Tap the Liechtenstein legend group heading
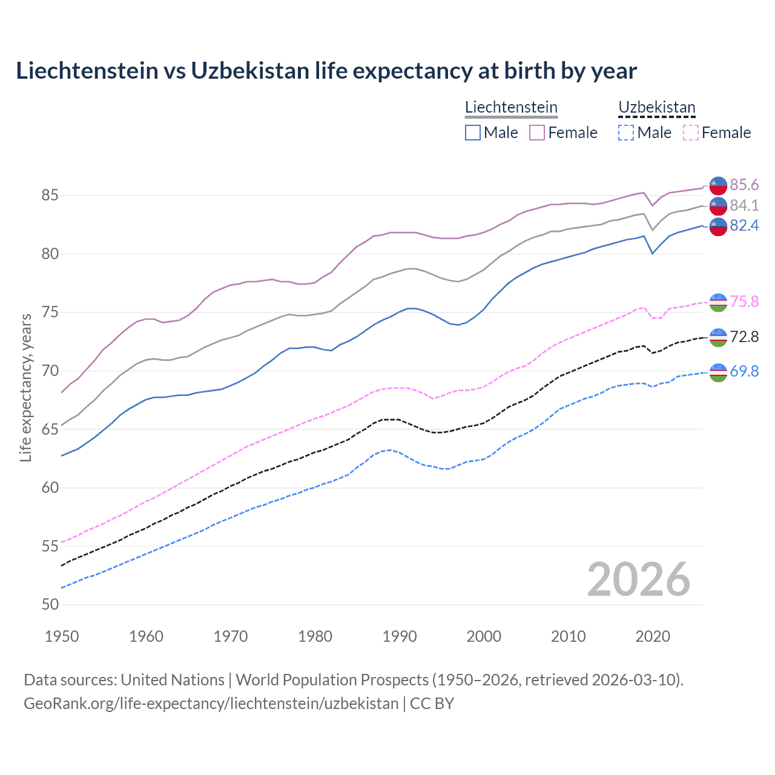[511, 107]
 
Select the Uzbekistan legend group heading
[656, 107]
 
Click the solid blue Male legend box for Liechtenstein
[473, 133]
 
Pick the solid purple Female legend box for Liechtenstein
[537, 133]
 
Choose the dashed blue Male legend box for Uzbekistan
[626, 133]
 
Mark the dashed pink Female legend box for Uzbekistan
[691, 133]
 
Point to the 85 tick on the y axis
[50, 195]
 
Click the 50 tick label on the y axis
[50, 604]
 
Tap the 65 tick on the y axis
[50, 429]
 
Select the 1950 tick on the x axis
[62, 636]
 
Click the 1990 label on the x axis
[400, 636]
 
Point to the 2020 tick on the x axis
[653, 636]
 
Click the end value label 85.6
[744, 185]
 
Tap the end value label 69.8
[744, 371]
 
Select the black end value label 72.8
[744, 337]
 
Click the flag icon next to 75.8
[718, 302]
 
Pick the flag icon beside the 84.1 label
[718, 206]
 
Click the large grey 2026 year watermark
[639, 579]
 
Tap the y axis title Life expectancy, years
[26, 387]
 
